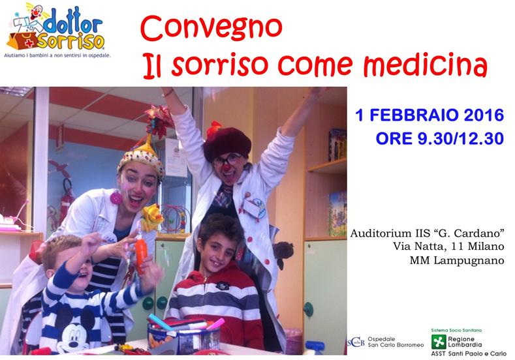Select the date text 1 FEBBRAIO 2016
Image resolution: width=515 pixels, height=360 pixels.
tap(429, 115)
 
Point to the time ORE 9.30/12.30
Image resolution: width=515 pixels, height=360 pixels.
tap(440, 138)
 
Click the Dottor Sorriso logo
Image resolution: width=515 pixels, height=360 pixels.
tap(56, 26)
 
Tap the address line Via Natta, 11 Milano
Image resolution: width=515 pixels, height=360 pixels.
tap(448, 246)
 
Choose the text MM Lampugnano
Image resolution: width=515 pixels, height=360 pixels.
tap(456, 260)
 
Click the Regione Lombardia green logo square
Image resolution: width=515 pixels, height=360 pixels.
tap(439, 342)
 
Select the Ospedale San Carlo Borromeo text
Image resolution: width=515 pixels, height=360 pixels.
tap(396, 342)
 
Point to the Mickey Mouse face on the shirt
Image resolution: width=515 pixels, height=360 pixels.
tap(72, 333)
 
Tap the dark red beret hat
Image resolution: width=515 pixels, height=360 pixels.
tap(227, 143)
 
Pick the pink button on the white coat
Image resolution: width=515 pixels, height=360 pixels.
tap(116, 198)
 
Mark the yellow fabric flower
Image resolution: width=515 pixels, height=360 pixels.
tap(151, 217)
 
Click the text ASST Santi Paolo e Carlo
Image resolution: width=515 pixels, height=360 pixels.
tap(469, 353)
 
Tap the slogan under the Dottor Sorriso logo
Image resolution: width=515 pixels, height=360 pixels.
tap(57, 55)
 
